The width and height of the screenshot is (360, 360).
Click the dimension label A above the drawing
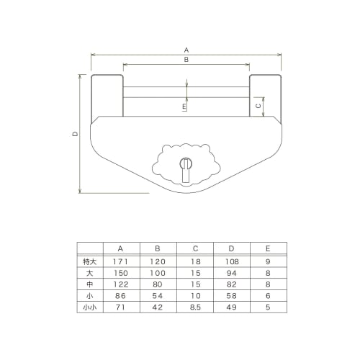186,50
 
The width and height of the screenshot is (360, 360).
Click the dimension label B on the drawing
186,61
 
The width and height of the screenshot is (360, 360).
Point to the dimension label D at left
74,134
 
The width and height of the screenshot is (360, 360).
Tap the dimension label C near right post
259,105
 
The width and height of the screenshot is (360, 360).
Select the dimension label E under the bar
184,107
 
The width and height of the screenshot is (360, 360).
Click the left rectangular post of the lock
107,96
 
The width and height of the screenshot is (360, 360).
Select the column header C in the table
195,249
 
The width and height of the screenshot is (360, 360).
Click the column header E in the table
267,249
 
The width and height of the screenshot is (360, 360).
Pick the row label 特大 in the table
90,261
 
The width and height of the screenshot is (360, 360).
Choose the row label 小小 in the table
90,307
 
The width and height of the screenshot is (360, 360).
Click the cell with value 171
120,261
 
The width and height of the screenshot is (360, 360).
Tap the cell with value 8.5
195,307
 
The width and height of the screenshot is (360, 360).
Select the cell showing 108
231,261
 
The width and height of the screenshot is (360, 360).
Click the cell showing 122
120,284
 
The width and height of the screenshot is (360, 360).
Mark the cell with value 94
231,273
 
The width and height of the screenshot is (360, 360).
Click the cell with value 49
231,307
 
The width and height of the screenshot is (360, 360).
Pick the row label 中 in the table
90,284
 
